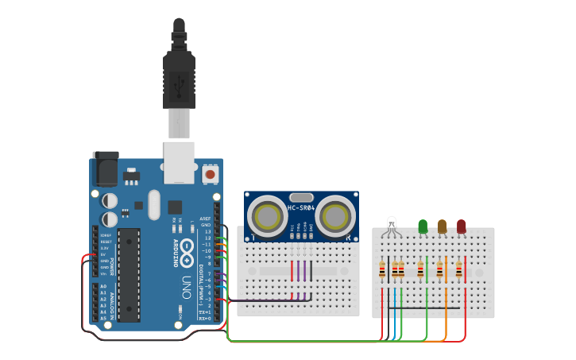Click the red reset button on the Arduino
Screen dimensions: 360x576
tap(211, 173)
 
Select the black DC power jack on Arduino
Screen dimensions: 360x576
tap(104, 168)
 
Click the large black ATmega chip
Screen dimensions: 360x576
tap(130, 274)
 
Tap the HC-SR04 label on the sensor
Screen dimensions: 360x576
tap(301, 208)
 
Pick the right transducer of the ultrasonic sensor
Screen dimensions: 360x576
tap(338, 215)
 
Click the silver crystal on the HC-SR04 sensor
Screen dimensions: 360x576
tap(302, 196)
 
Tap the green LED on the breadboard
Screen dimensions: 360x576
tap(423, 226)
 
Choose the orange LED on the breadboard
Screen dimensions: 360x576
tap(442, 226)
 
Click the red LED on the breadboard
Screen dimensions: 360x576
tap(462, 226)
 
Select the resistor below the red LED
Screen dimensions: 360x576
tap(458, 269)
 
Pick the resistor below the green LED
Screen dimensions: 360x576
tap(420, 269)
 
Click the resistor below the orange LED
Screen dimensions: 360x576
tap(439, 269)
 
